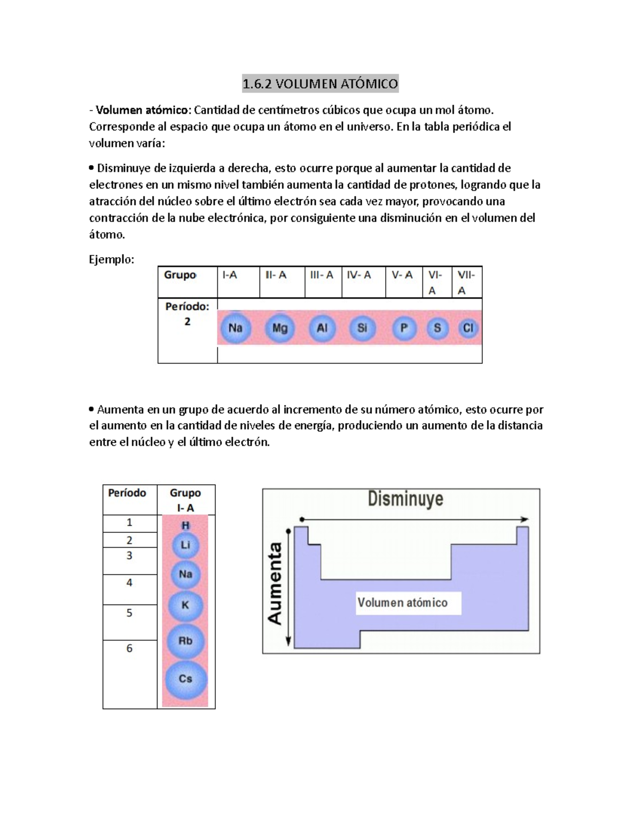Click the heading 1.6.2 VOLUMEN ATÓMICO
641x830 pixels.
(320, 84)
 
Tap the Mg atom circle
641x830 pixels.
(279, 328)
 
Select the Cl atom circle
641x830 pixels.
(468, 328)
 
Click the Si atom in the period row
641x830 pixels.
(362, 328)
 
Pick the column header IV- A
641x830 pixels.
(359, 275)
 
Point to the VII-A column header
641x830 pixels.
(466, 282)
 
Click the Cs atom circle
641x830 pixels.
(185, 679)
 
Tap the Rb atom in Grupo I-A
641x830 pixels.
(185, 640)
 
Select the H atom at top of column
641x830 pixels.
(185, 525)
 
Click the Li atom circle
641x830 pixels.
(185, 545)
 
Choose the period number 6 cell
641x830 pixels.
(129, 648)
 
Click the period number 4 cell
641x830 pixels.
(129, 583)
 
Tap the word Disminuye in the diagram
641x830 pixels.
(405, 499)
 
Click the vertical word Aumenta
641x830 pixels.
(275, 584)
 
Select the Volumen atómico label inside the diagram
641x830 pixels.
(402, 603)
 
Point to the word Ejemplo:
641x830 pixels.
(112, 260)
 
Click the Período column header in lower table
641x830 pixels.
(127, 493)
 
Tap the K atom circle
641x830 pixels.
(185, 606)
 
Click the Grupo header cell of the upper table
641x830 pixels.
(180, 275)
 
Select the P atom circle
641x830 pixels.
(404, 328)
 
